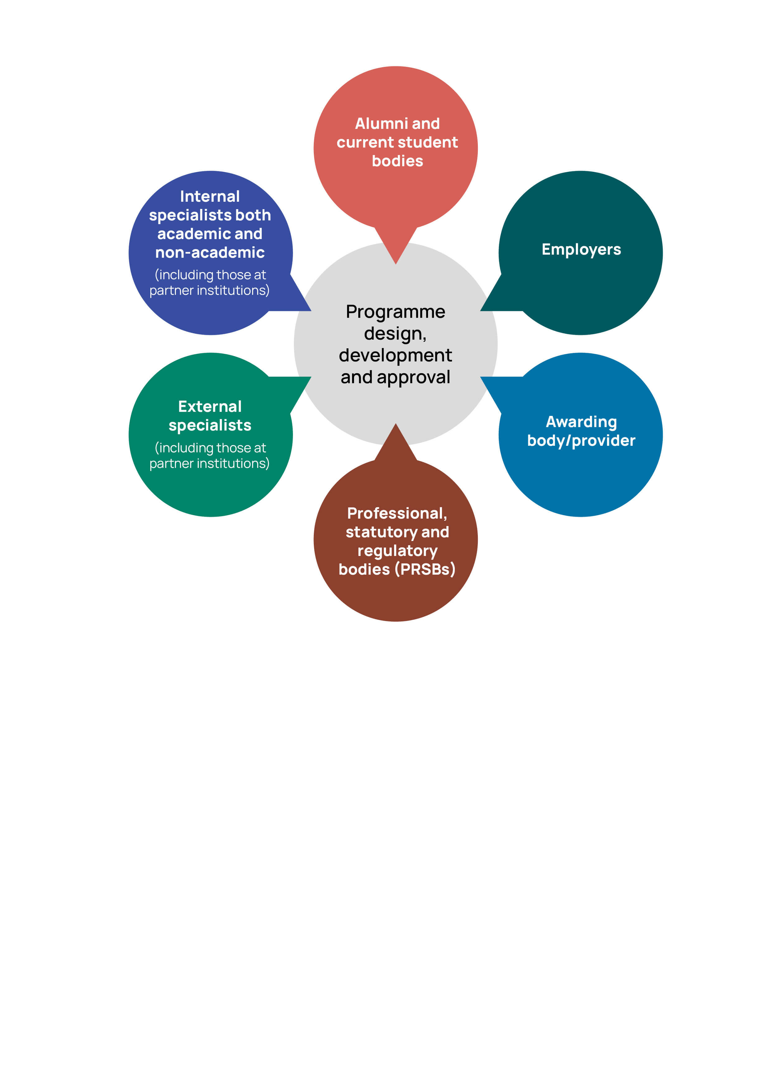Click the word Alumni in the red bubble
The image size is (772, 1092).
381,124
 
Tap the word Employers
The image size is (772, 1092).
581,250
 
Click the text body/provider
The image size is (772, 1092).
581,441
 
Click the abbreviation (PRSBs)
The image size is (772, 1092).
425,569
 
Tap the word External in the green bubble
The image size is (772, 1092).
210,407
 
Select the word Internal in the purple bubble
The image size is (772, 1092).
210,196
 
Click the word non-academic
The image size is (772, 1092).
210,252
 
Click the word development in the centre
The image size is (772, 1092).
396,355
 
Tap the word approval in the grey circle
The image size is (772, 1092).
413,378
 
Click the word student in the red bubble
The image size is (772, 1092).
427,143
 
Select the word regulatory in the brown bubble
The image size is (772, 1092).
397,551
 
